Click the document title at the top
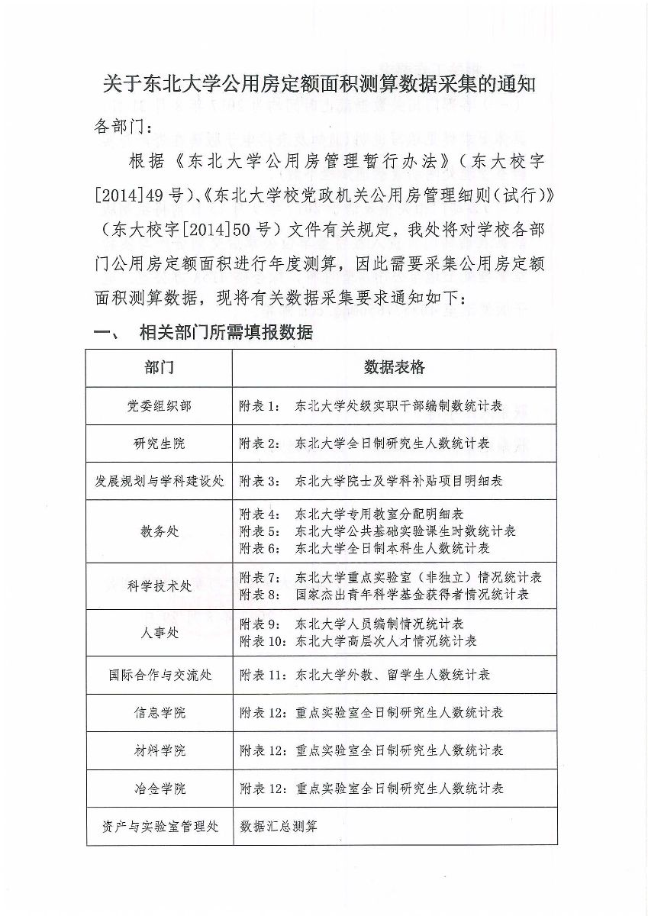(321, 85)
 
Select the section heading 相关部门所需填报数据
(225, 333)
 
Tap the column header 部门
(159, 368)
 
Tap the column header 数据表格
(394, 368)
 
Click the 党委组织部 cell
(159, 406)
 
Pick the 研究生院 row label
(159, 443)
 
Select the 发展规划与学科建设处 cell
(159, 482)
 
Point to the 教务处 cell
(159, 531)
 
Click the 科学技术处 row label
(159, 585)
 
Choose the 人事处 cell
(159, 633)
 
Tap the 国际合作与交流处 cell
(159, 675)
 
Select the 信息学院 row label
(159, 713)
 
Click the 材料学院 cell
(159, 750)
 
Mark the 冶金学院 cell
(159, 788)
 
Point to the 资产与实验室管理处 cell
(159, 826)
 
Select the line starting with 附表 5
(377, 531)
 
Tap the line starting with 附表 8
(384, 594)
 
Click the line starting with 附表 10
(358, 641)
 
